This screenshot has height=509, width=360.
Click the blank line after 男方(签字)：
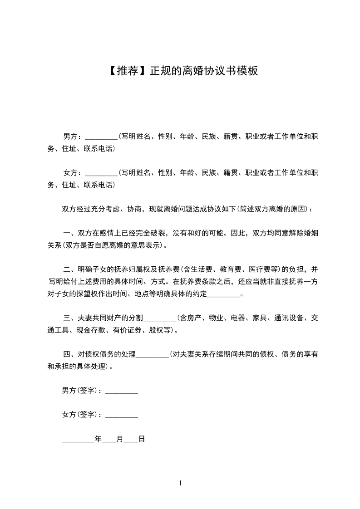coord(122,391)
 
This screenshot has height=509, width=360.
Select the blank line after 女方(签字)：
coord(122,415)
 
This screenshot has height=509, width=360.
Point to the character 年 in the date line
coord(98,439)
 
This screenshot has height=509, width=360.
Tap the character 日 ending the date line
coord(141,439)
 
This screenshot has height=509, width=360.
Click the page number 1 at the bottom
coord(180,483)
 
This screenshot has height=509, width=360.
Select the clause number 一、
coord(69,234)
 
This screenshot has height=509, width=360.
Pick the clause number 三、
coord(69,318)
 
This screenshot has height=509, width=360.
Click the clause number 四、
coord(69,354)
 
